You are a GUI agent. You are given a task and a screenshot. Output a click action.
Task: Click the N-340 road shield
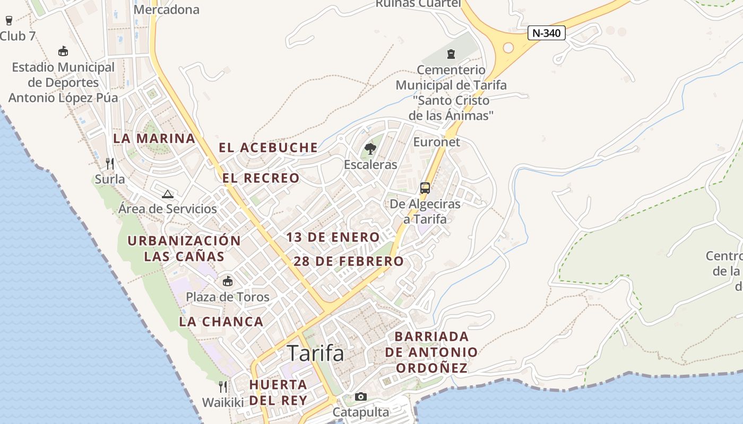click(x=547, y=33)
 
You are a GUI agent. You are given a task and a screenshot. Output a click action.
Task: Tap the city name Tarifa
click(x=315, y=353)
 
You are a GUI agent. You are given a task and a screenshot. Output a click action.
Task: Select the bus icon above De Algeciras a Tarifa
click(x=425, y=188)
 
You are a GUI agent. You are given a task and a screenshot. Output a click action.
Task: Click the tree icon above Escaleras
click(x=370, y=149)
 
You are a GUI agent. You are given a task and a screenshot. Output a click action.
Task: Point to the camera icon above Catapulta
click(x=360, y=396)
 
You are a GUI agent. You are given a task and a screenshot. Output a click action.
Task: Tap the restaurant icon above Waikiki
click(x=223, y=387)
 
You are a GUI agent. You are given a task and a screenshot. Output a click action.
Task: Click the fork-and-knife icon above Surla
click(x=110, y=163)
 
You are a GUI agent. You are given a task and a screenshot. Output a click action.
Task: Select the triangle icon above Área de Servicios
click(x=168, y=194)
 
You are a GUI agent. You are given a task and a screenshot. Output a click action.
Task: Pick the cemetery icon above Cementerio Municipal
click(x=451, y=54)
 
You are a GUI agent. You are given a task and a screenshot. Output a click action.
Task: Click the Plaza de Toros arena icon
click(x=228, y=281)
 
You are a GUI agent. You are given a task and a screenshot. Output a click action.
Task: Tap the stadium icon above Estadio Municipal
click(x=63, y=51)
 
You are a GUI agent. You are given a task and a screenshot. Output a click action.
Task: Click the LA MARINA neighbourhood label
click(x=154, y=138)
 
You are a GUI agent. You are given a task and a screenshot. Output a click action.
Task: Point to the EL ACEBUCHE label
click(x=269, y=147)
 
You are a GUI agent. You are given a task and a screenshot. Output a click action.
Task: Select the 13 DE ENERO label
click(x=333, y=237)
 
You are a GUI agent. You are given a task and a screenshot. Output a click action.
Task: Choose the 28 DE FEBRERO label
click(x=349, y=261)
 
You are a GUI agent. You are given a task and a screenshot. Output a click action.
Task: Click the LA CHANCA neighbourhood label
click(x=221, y=321)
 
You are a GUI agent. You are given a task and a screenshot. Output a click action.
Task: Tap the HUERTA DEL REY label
click(x=278, y=392)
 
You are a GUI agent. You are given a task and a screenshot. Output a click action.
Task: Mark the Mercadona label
click(x=167, y=10)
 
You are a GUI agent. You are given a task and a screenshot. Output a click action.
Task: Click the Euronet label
click(x=437, y=142)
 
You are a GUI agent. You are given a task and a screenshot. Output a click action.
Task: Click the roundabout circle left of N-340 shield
click(x=508, y=48)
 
